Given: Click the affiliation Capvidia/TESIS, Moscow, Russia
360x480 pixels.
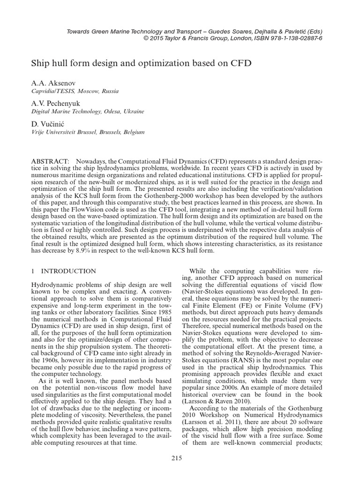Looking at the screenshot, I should pos(75,91).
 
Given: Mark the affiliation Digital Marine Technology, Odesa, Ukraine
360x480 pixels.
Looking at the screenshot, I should pos(88,112).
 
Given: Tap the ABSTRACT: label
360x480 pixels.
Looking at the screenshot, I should pos(51,161).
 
